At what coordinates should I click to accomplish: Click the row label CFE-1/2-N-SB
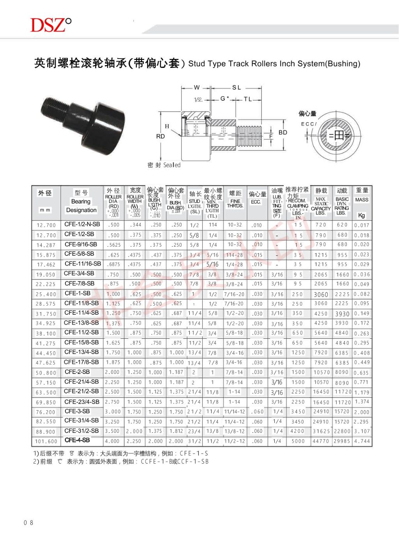pyautogui.click(x=82, y=224)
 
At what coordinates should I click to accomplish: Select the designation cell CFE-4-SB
pyautogui.click(x=77, y=440)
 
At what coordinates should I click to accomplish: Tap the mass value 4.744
pyautogui.click(x=362, y=441)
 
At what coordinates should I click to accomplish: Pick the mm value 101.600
pyautogui.click(x=46, y=441)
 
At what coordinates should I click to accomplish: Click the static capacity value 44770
pyautogui.click(x=321, y=441)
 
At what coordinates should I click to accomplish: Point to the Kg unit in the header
pyautogui.click(x=361, y=215)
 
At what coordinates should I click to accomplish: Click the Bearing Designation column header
pyautogui.click(x=81, y=206)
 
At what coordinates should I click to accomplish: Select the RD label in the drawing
pyautogui.click(x=160, y=136)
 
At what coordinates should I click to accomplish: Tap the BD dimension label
pyautogui.click(x=282, y=132)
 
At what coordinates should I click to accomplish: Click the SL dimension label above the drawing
pyautogui.click(x=237, y=87)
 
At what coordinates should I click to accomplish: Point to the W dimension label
pyautogui.click(x=197, y=87)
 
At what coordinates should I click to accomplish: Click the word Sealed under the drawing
pyautogui.click(x=172, y=165)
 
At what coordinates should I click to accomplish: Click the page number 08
pyautogui.click(x=28, y=523)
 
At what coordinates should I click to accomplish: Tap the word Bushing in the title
pyautogui.click(x=342, y=64)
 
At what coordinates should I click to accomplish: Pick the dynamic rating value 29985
pyautogui.click(x=342, y=441)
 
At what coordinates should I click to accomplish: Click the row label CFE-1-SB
pyautogui.click(x=77, y=293)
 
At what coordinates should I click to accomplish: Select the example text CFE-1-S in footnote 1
pyautogui.click(x=194, y=454)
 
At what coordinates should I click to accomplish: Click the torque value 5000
pyautogui.click(x=298, y=441)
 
